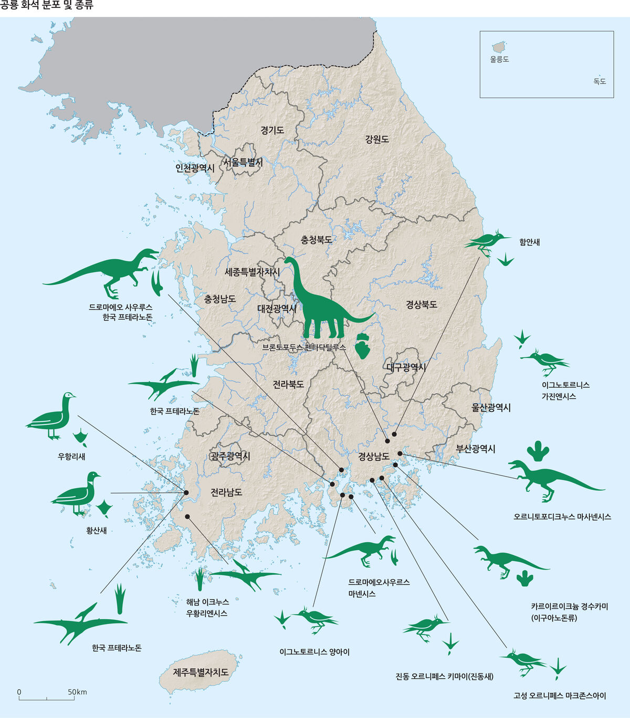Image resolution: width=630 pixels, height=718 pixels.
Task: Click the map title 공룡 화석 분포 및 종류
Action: pos(47,6)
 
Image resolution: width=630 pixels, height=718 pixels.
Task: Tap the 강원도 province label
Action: pos(377,139)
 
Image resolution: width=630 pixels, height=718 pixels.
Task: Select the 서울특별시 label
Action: pos(243,162)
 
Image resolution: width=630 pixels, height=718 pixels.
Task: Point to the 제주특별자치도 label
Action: pos(201,671)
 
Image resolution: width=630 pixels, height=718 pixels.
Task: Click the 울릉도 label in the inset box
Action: pos(499,59)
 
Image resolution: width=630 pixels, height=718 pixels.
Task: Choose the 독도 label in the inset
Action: pos(600,81)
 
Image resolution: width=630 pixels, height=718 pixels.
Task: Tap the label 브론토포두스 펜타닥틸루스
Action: pos(304,347)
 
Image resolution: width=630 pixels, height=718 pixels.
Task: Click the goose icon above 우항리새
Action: pos(51,415)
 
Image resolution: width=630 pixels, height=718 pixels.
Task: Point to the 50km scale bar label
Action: pos(77,692)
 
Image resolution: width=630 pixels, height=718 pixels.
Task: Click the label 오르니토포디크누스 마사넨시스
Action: pos(562,516)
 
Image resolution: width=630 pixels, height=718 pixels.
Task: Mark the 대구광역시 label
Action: pos(406,367)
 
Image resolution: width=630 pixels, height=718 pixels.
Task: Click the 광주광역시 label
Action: pos(230,456)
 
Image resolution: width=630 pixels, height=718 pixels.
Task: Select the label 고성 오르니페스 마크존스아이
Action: pos(560,696)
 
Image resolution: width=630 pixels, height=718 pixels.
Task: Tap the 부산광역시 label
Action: pos(475,449)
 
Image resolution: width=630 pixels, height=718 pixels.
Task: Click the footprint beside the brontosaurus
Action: pos(363,345)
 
